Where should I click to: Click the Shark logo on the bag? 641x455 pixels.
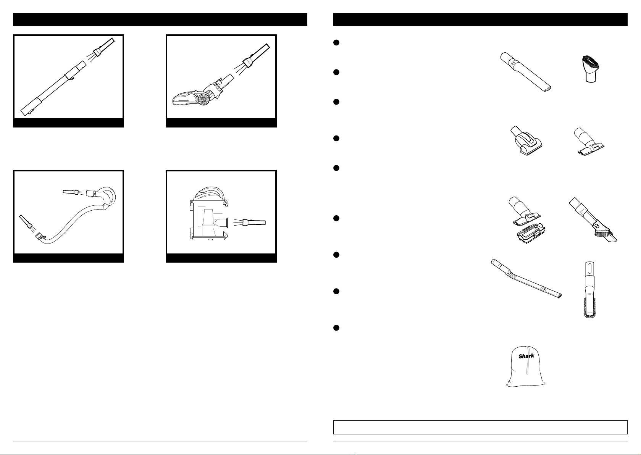coord(526,356)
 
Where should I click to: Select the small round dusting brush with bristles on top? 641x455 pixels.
coord(590,69)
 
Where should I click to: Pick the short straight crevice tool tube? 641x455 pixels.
coord(526,72)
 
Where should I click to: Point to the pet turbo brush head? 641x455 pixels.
coord(526,141)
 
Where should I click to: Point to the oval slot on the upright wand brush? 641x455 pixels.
coord(589,269)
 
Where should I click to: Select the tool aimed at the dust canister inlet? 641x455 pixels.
coord(254,223)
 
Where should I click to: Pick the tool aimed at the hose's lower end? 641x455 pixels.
coord(25,222)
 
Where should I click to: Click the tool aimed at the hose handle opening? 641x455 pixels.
coord(70,192)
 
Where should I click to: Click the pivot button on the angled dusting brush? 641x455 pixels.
coord(596,226)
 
